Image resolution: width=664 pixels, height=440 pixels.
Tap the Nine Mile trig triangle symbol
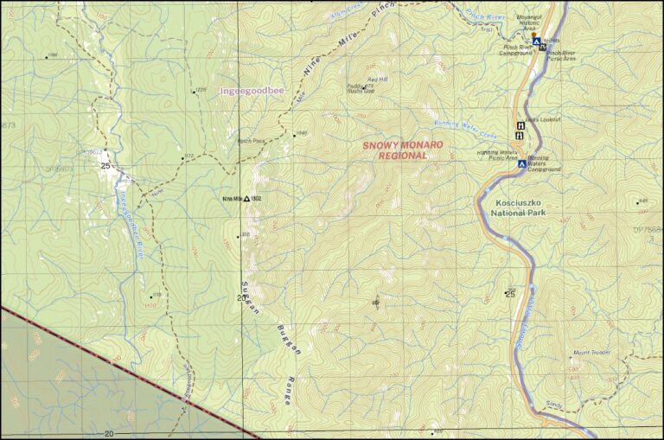246,199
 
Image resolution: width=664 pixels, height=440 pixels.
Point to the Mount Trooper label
591,353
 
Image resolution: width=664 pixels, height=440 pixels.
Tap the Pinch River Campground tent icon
536,41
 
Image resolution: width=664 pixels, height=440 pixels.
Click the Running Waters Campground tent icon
522,163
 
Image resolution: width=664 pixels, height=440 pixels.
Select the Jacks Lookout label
543,118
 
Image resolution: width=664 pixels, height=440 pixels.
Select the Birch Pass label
251,140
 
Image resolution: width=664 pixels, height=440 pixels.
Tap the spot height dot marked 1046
291,134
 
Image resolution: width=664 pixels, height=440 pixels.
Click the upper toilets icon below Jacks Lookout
520,124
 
